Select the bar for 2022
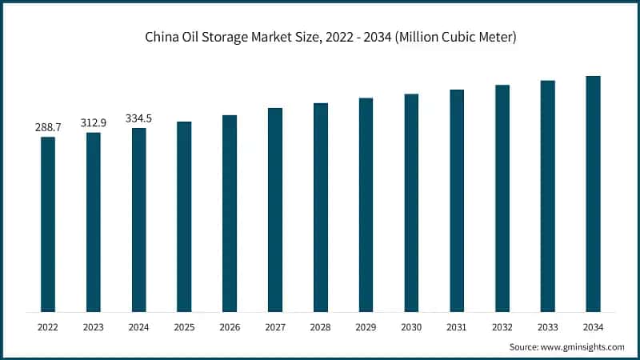point(48,224)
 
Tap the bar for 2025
point(184,216)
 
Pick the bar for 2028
point(321,207)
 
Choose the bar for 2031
point(457,200)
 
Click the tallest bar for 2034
point(593,194)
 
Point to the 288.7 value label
point(48,127)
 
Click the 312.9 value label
point(94,122)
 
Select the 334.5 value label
point(139,118)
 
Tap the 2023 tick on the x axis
point(94,327)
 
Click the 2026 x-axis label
point(230,327)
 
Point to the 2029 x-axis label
point(366,327)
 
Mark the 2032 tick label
point(502,327)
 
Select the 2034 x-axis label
point(593,327)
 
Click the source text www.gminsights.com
point(566,346)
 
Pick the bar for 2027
point(275,210)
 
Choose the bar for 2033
point(548,196)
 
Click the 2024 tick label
point(139,327)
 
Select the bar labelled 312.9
point(94,222)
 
